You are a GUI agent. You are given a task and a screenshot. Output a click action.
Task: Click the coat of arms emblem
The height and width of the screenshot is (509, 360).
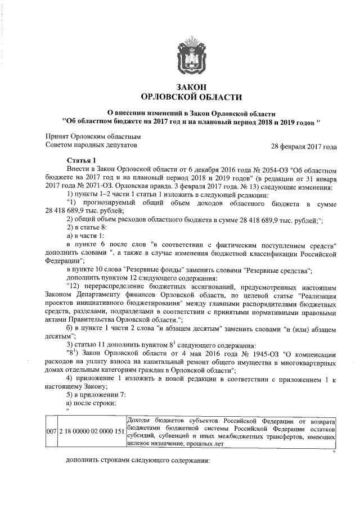(x=191, y=55)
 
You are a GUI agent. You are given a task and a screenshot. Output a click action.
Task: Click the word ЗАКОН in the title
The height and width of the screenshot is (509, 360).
(x=191, y=87)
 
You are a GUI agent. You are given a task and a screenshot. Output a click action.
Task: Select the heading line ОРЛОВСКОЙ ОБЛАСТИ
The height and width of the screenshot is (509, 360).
(x=191, y=97)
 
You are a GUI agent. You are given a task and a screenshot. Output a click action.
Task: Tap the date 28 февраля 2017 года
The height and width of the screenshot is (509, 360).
(x=304, y=147)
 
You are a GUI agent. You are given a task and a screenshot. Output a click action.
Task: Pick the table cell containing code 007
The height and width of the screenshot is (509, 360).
(x=50, y=432)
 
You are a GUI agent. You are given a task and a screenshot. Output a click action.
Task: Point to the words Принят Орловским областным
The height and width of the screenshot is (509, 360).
(x=92, y=136)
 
